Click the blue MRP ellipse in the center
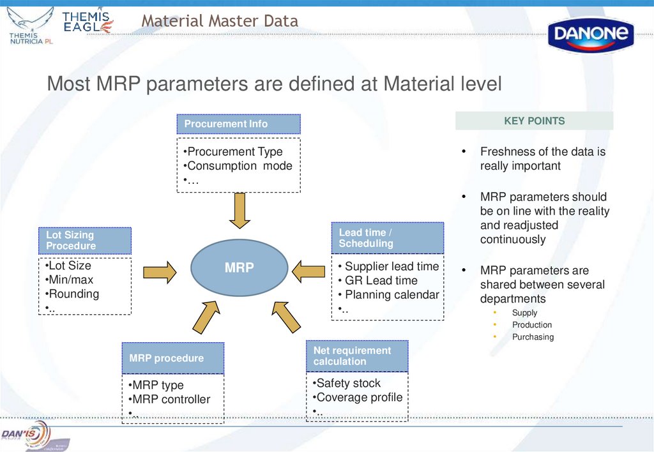(239, 267)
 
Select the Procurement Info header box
(238, 124)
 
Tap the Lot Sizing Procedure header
(84, 241)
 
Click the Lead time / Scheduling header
(387, 238)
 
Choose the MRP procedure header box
(172, 358)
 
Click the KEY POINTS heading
(534, 121)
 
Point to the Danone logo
(591, 34)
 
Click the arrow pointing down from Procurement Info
(240, 210)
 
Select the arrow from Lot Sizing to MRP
(159, 271)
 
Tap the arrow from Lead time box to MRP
(308, 271)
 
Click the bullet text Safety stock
(348, 383)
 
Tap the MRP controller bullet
(171, 400)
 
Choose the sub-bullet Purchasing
(533, 337)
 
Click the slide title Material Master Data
(220, 21)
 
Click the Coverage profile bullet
(359, 397)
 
